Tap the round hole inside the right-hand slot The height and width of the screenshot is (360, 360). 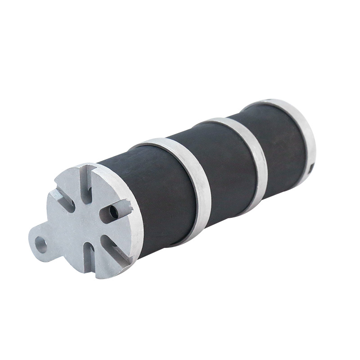point(113,211)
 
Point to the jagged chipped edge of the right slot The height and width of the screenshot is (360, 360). point(127,207)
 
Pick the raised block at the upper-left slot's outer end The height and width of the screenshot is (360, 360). point(54,194)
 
